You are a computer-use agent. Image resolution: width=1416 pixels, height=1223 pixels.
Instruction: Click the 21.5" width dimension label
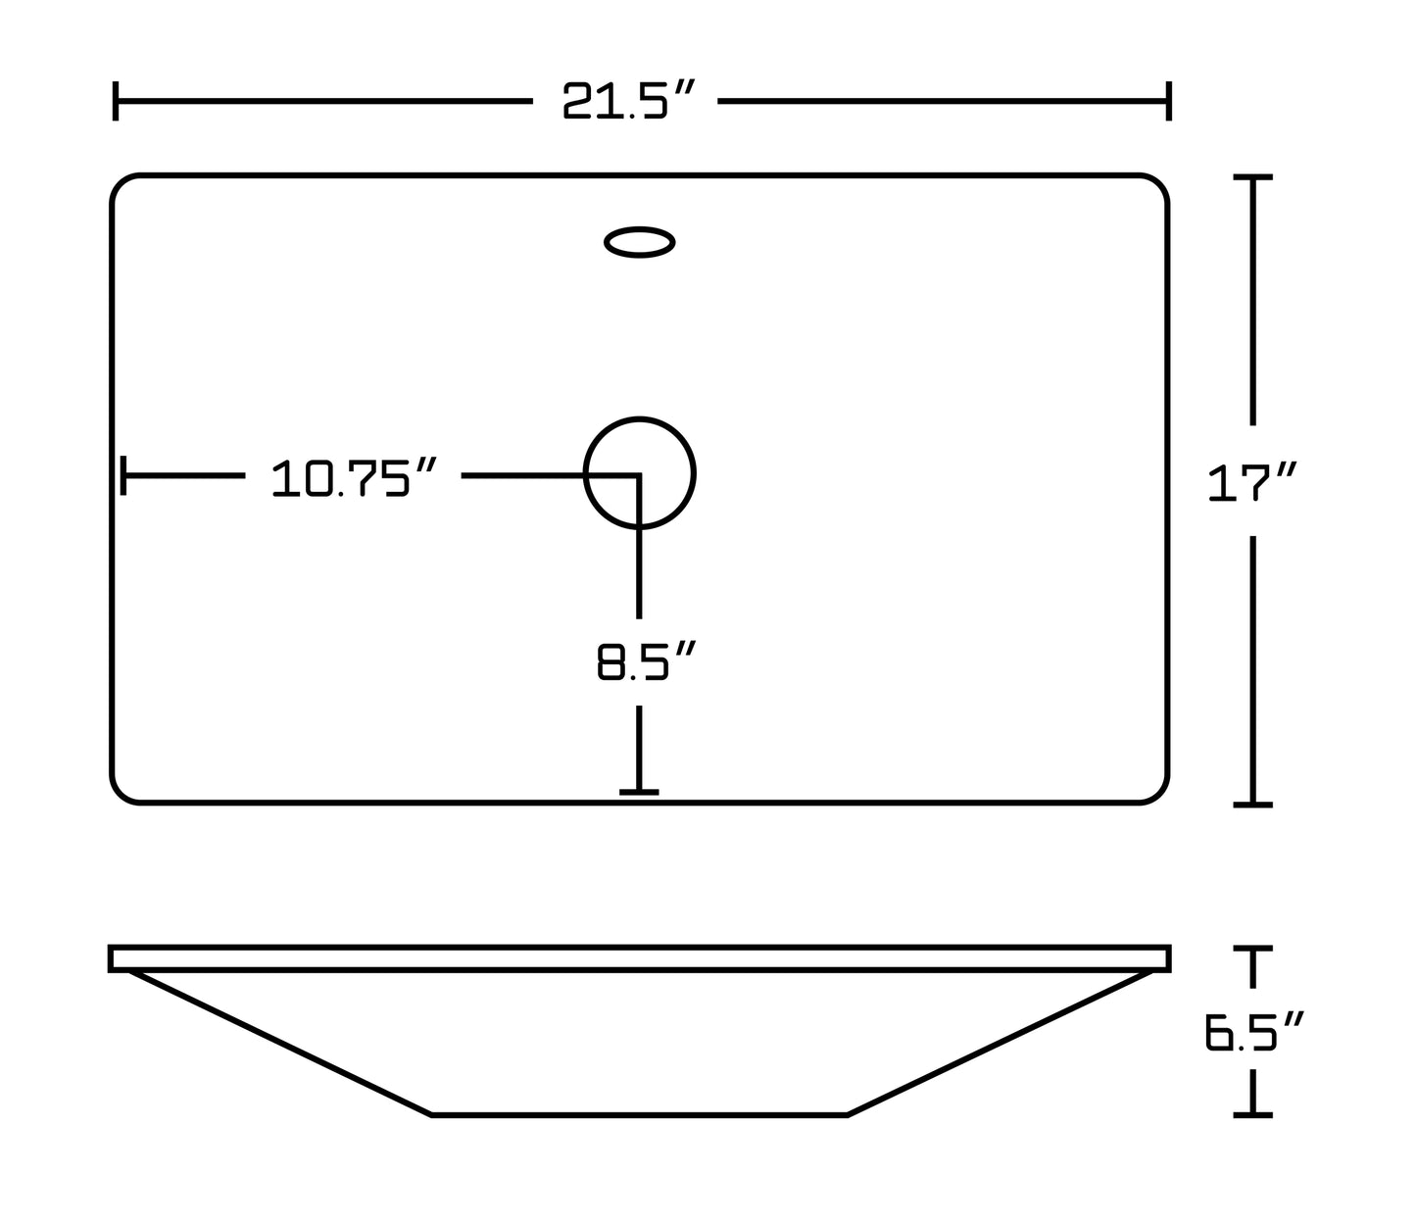click(x=629, y=101)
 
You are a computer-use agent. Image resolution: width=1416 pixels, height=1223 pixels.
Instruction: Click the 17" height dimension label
click(x=1252, y=484)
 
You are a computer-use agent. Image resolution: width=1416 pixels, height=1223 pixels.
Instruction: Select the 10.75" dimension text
click(x=353, y=477)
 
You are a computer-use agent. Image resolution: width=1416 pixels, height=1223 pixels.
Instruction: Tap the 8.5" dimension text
click(x=646, y=662)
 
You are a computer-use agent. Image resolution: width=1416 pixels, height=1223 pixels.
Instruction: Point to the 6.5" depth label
click(x=1253, y=1033)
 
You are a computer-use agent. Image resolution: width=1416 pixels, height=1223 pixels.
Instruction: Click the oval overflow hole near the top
click(x=639, y=242)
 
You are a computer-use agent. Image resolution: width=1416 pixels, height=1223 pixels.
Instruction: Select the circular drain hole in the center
click(x=639, y=473)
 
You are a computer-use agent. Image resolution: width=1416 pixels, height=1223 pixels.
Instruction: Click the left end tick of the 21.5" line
click(x=116, y=101)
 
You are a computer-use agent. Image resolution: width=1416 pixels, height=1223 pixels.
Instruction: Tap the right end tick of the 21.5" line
click(x=1168, y=101)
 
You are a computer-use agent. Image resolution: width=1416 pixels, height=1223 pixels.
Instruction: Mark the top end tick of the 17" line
click(x=1252, y=177)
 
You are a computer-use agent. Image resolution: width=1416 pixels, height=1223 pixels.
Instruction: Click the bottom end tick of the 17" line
click(x=1252, y=805)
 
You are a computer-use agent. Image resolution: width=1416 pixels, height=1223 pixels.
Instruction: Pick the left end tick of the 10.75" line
click(x=122, y=475)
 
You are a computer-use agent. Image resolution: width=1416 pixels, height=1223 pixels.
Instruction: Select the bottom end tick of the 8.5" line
click(x=639, y=792)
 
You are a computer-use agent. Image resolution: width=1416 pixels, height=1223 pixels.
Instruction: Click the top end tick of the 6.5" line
click(x=1252, y=950)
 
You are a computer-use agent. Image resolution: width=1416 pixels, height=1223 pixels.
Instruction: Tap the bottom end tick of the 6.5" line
click(x=1252, y=1114)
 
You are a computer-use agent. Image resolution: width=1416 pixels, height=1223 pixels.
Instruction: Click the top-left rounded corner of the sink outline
click(x=122, y=185)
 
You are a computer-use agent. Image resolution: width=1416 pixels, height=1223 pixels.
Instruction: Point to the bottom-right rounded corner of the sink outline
click(x=1158, y=794)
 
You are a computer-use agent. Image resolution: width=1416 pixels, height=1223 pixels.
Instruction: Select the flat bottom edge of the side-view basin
click(x=639, y=1114)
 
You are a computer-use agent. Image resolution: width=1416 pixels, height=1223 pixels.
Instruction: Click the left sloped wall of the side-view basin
click(x=279, y=1043)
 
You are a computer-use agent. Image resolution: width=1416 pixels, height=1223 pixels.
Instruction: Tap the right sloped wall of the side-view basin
click(x=1000, y=1043)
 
